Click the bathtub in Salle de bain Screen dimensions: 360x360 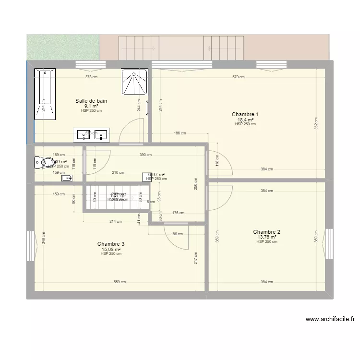(44, 94)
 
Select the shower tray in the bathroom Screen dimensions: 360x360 (134, 82)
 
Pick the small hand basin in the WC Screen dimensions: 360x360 (67, 179)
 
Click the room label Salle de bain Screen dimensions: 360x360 (91, 101)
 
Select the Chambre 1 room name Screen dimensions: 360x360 (245, 114)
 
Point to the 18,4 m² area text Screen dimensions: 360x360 (245, 120)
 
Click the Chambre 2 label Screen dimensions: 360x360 (267, 232)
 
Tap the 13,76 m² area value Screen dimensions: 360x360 (267, 237)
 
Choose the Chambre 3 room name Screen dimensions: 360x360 (111, 244)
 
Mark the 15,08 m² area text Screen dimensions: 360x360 (111, 249)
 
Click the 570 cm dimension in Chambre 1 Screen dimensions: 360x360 (239, 77)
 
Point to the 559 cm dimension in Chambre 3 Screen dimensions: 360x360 (120, 282)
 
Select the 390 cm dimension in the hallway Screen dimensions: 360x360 (145, 155)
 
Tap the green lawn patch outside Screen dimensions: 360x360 (63, 47)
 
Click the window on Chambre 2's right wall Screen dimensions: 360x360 (330, 244)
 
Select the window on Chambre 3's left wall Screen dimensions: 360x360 (30, 246)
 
